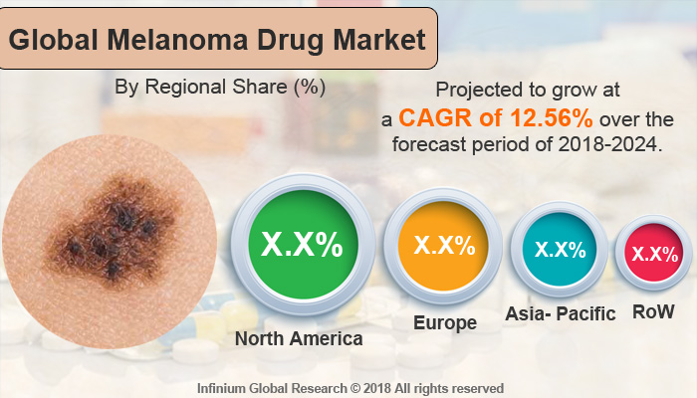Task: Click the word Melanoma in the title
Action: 178,40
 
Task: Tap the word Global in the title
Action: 54,40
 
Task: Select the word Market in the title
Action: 379,40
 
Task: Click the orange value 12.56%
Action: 552,118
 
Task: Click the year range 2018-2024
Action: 607,144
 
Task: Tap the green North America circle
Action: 303,244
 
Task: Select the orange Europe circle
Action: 443,246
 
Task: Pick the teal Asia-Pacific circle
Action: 560,249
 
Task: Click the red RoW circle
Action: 654,253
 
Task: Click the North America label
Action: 299,338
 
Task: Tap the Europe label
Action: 445,323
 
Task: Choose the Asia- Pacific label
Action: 561,313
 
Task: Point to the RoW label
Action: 653,311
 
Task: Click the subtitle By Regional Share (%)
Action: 220,88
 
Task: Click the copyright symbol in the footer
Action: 355,388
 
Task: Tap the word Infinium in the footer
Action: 222,388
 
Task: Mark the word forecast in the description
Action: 429,144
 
